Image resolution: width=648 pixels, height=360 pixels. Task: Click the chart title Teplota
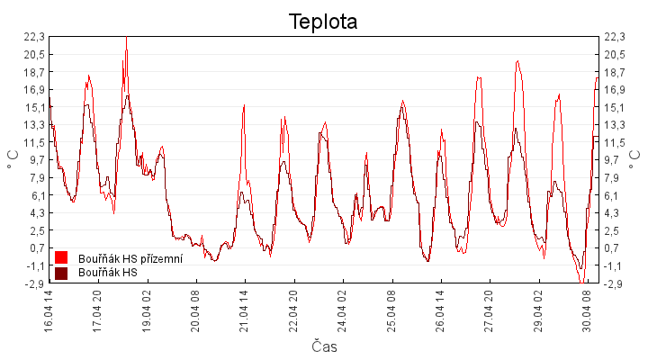click(323, 22)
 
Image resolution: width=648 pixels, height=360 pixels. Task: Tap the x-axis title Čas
click(324, 346)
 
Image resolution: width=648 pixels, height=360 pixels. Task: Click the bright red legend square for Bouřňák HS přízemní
click(62, 259)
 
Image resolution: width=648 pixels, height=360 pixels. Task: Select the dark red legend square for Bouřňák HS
click(62, 273)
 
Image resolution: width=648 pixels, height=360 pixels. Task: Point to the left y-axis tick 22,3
click(34, 37)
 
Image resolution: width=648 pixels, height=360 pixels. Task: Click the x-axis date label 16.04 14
click(49, 310)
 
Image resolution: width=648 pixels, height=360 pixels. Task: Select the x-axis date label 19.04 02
click(147, 310)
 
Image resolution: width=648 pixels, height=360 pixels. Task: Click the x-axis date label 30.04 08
click(587, 310)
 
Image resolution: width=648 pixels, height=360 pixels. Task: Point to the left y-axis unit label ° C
click(12, 160)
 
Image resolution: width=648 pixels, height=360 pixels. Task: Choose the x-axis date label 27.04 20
click(489, 310)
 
